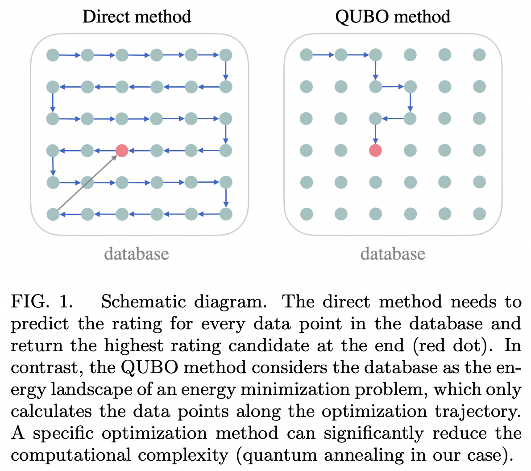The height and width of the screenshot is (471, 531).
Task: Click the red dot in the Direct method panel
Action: (122, 151)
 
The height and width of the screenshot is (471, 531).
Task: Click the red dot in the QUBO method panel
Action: (375, 151)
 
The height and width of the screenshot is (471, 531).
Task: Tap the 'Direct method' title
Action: (137, 17)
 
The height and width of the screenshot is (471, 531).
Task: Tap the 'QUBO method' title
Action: (392, 17)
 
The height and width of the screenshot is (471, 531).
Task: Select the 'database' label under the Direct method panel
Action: (137, 254)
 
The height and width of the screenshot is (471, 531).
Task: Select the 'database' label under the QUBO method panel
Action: (393, 254)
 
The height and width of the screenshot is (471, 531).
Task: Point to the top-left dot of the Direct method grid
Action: (53, 55)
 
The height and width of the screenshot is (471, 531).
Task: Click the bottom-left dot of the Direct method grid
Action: (53, 214)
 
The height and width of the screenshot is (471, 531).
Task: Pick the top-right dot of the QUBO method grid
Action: (479, 55)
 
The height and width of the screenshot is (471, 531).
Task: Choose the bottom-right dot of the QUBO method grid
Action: (479, 214)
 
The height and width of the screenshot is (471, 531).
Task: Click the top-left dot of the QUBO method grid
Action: (306, 55)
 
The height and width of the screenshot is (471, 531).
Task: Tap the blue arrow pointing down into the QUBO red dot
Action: (375, 134)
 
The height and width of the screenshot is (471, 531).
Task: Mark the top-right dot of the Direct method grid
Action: (226, 55)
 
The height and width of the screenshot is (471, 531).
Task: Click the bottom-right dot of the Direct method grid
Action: (226, 214)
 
